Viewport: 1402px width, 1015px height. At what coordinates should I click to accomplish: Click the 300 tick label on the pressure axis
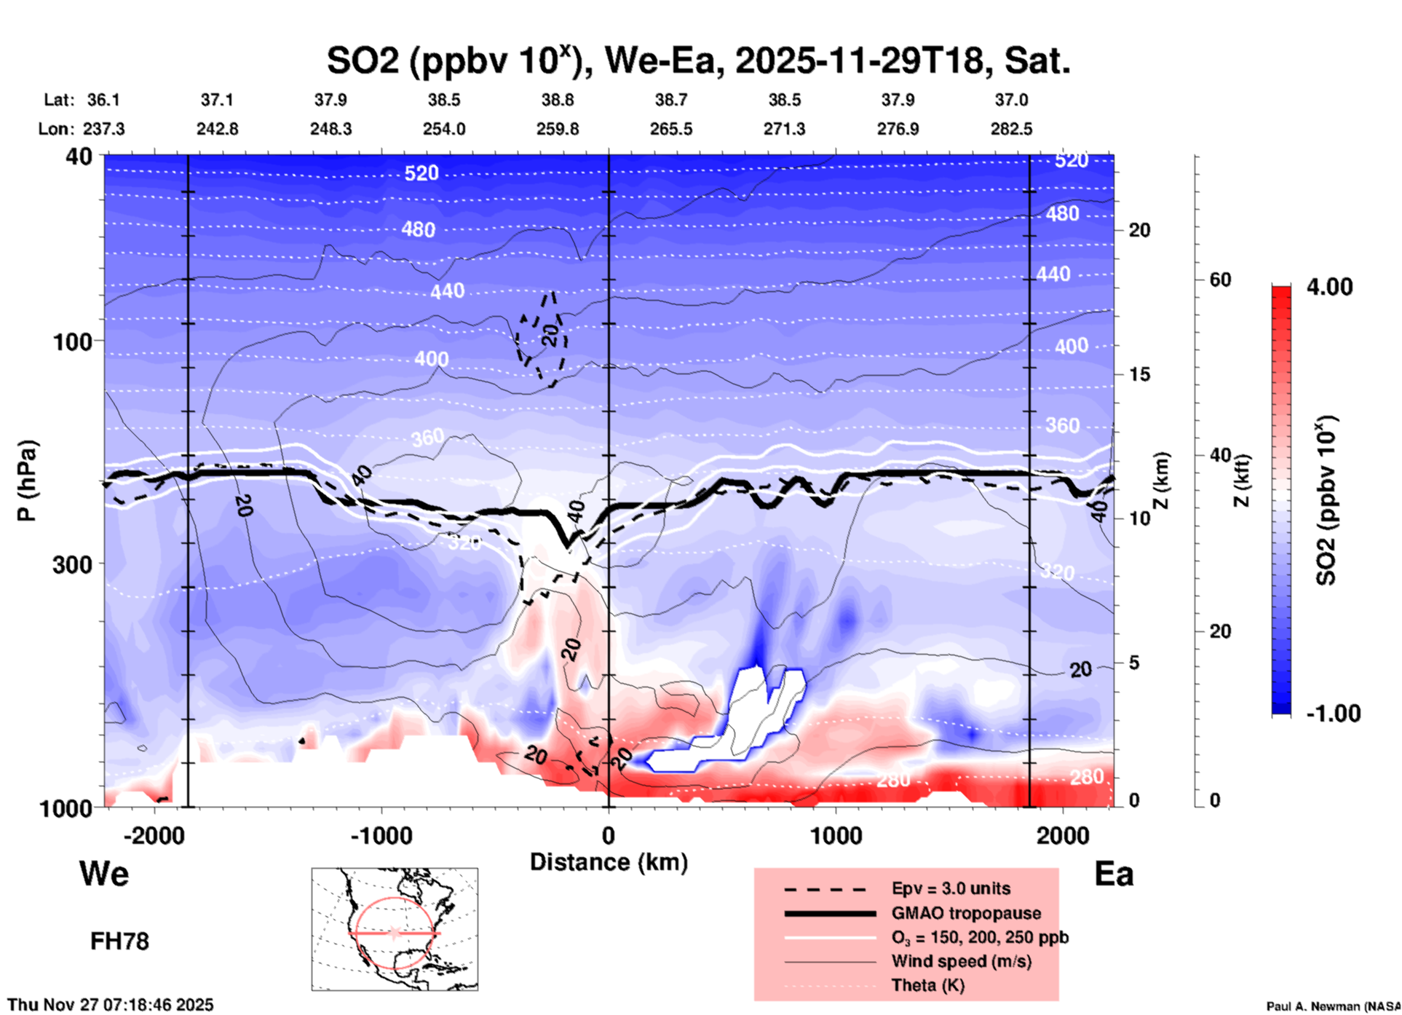72,564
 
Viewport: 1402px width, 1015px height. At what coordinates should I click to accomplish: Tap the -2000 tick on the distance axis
154,835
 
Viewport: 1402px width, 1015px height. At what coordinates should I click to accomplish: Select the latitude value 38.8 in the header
558,100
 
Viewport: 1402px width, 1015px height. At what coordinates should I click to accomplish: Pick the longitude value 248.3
330,129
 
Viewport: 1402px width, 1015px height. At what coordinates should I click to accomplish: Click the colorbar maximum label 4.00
1329,287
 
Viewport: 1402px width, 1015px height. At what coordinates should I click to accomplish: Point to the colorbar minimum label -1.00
1333,714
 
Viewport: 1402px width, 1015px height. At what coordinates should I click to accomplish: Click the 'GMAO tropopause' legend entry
966,913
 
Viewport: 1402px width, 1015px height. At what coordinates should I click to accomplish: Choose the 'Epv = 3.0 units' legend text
951,888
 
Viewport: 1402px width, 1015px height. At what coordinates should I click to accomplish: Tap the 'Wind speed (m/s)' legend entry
961,961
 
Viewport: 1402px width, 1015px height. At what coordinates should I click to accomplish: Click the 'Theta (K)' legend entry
927,985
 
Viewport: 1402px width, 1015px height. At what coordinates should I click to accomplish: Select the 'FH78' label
119,941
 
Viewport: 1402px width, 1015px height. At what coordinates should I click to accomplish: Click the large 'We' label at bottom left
104,874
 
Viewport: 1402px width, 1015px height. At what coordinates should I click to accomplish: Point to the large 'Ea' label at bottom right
1114,874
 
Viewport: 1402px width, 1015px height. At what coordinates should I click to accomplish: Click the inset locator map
395,929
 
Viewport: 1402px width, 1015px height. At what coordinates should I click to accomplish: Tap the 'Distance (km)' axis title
609,862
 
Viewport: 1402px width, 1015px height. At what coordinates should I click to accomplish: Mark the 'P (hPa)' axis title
26,481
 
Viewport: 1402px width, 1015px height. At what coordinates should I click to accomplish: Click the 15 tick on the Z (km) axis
1139,374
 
